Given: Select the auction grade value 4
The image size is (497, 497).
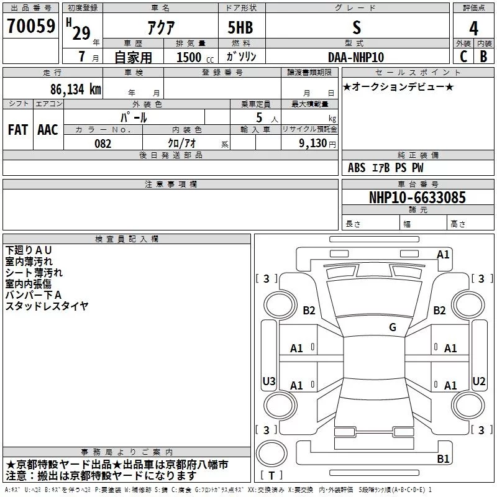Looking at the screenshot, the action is coord(474,29).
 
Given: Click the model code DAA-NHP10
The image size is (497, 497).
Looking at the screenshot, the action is coord(356,57).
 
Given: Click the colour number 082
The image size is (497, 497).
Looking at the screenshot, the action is coord(103,144).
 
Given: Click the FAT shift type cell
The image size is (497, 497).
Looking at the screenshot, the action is coord(18,129).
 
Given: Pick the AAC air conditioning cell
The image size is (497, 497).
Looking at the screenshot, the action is coord(48,129).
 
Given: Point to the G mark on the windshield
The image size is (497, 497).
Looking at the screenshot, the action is coord(392,327).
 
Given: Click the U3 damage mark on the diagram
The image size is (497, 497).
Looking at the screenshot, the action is coord(268,381).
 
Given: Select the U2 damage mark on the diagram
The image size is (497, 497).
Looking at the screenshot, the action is coord(478,381).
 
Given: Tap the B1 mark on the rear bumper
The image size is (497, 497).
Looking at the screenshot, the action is coord(443,459).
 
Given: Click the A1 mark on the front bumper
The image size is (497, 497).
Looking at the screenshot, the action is coord(443,254).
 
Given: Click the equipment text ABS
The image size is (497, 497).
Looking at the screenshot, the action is coord(357,168).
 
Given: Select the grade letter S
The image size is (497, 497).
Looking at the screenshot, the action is coord(356,28).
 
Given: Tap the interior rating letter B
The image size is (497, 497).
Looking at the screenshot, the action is coord(483,57).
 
